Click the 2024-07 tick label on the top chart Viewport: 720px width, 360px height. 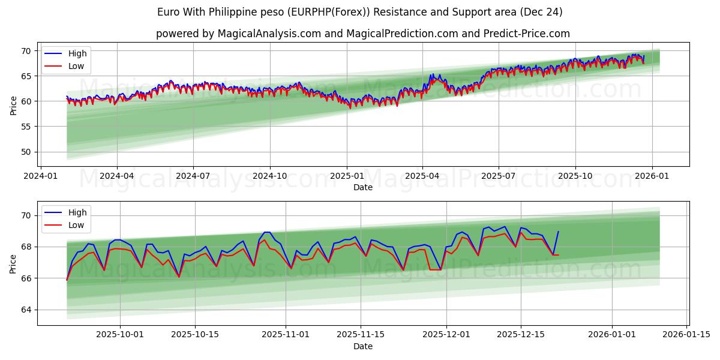point(193,176)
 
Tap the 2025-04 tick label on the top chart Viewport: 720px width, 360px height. point(422,176)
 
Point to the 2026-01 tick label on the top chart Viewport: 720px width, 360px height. point(652,176)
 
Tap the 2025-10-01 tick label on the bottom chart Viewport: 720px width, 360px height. point(120,335)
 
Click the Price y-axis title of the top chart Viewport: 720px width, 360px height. point(13,105)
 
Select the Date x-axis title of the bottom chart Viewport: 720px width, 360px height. point(363,346)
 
